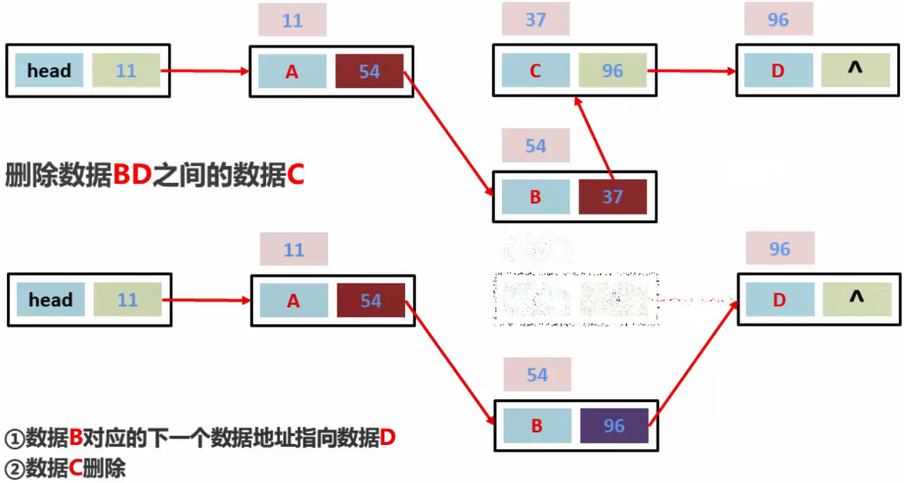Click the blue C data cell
pos(535,71)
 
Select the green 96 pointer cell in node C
pos(612,71)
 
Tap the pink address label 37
pos(535,19)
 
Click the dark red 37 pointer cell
pos(612,197)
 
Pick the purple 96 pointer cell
pos(614,426)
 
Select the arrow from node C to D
pos(692,71)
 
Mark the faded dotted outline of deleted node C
pos(575,299)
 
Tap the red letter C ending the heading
pos(295,175)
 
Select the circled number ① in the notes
pos(15,439)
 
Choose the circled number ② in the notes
pos(15,468)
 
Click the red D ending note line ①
pos(387,439)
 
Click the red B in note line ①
pos(76,439)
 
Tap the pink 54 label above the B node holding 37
pos(535,146)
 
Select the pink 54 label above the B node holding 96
pos(537,375)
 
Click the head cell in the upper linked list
pos(49,71)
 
